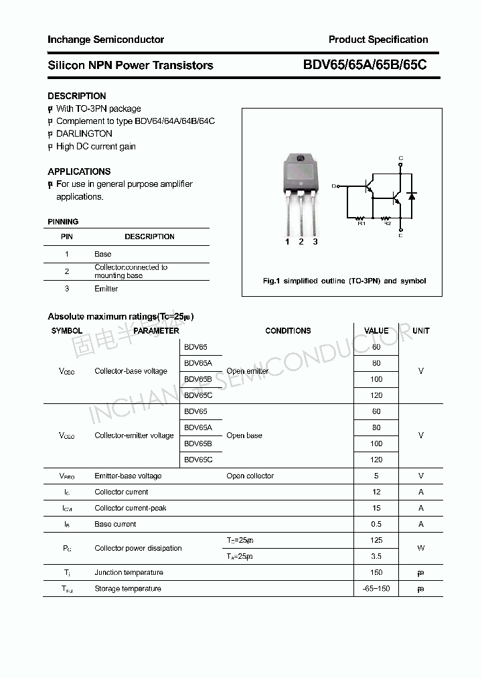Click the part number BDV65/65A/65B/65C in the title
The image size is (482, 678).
pos(365,65)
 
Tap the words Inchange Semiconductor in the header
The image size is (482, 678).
pos(106,40)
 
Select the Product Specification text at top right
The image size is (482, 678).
pos(378,40)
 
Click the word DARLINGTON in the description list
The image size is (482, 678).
pos(84,134)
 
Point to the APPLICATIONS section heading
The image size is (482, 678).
pos(79,172)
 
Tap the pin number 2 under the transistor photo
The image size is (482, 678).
pos(301,242)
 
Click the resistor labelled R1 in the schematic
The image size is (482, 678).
pos(361,218)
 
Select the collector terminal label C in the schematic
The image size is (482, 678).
pos(400,159)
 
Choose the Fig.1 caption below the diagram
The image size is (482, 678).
pos(344,281)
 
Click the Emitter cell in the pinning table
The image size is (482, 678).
pos(106,289)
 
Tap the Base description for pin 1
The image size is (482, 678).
pos(102,254)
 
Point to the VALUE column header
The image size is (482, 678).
pos(376,331)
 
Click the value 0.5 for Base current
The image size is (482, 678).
pos(376,524)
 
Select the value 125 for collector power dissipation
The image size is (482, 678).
pos(376,540)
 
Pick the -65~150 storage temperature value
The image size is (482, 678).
pos(376,588)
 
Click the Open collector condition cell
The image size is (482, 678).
pos(250,476)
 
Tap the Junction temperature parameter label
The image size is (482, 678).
pos(129,572)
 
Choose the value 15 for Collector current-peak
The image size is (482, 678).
pos(376,508)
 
